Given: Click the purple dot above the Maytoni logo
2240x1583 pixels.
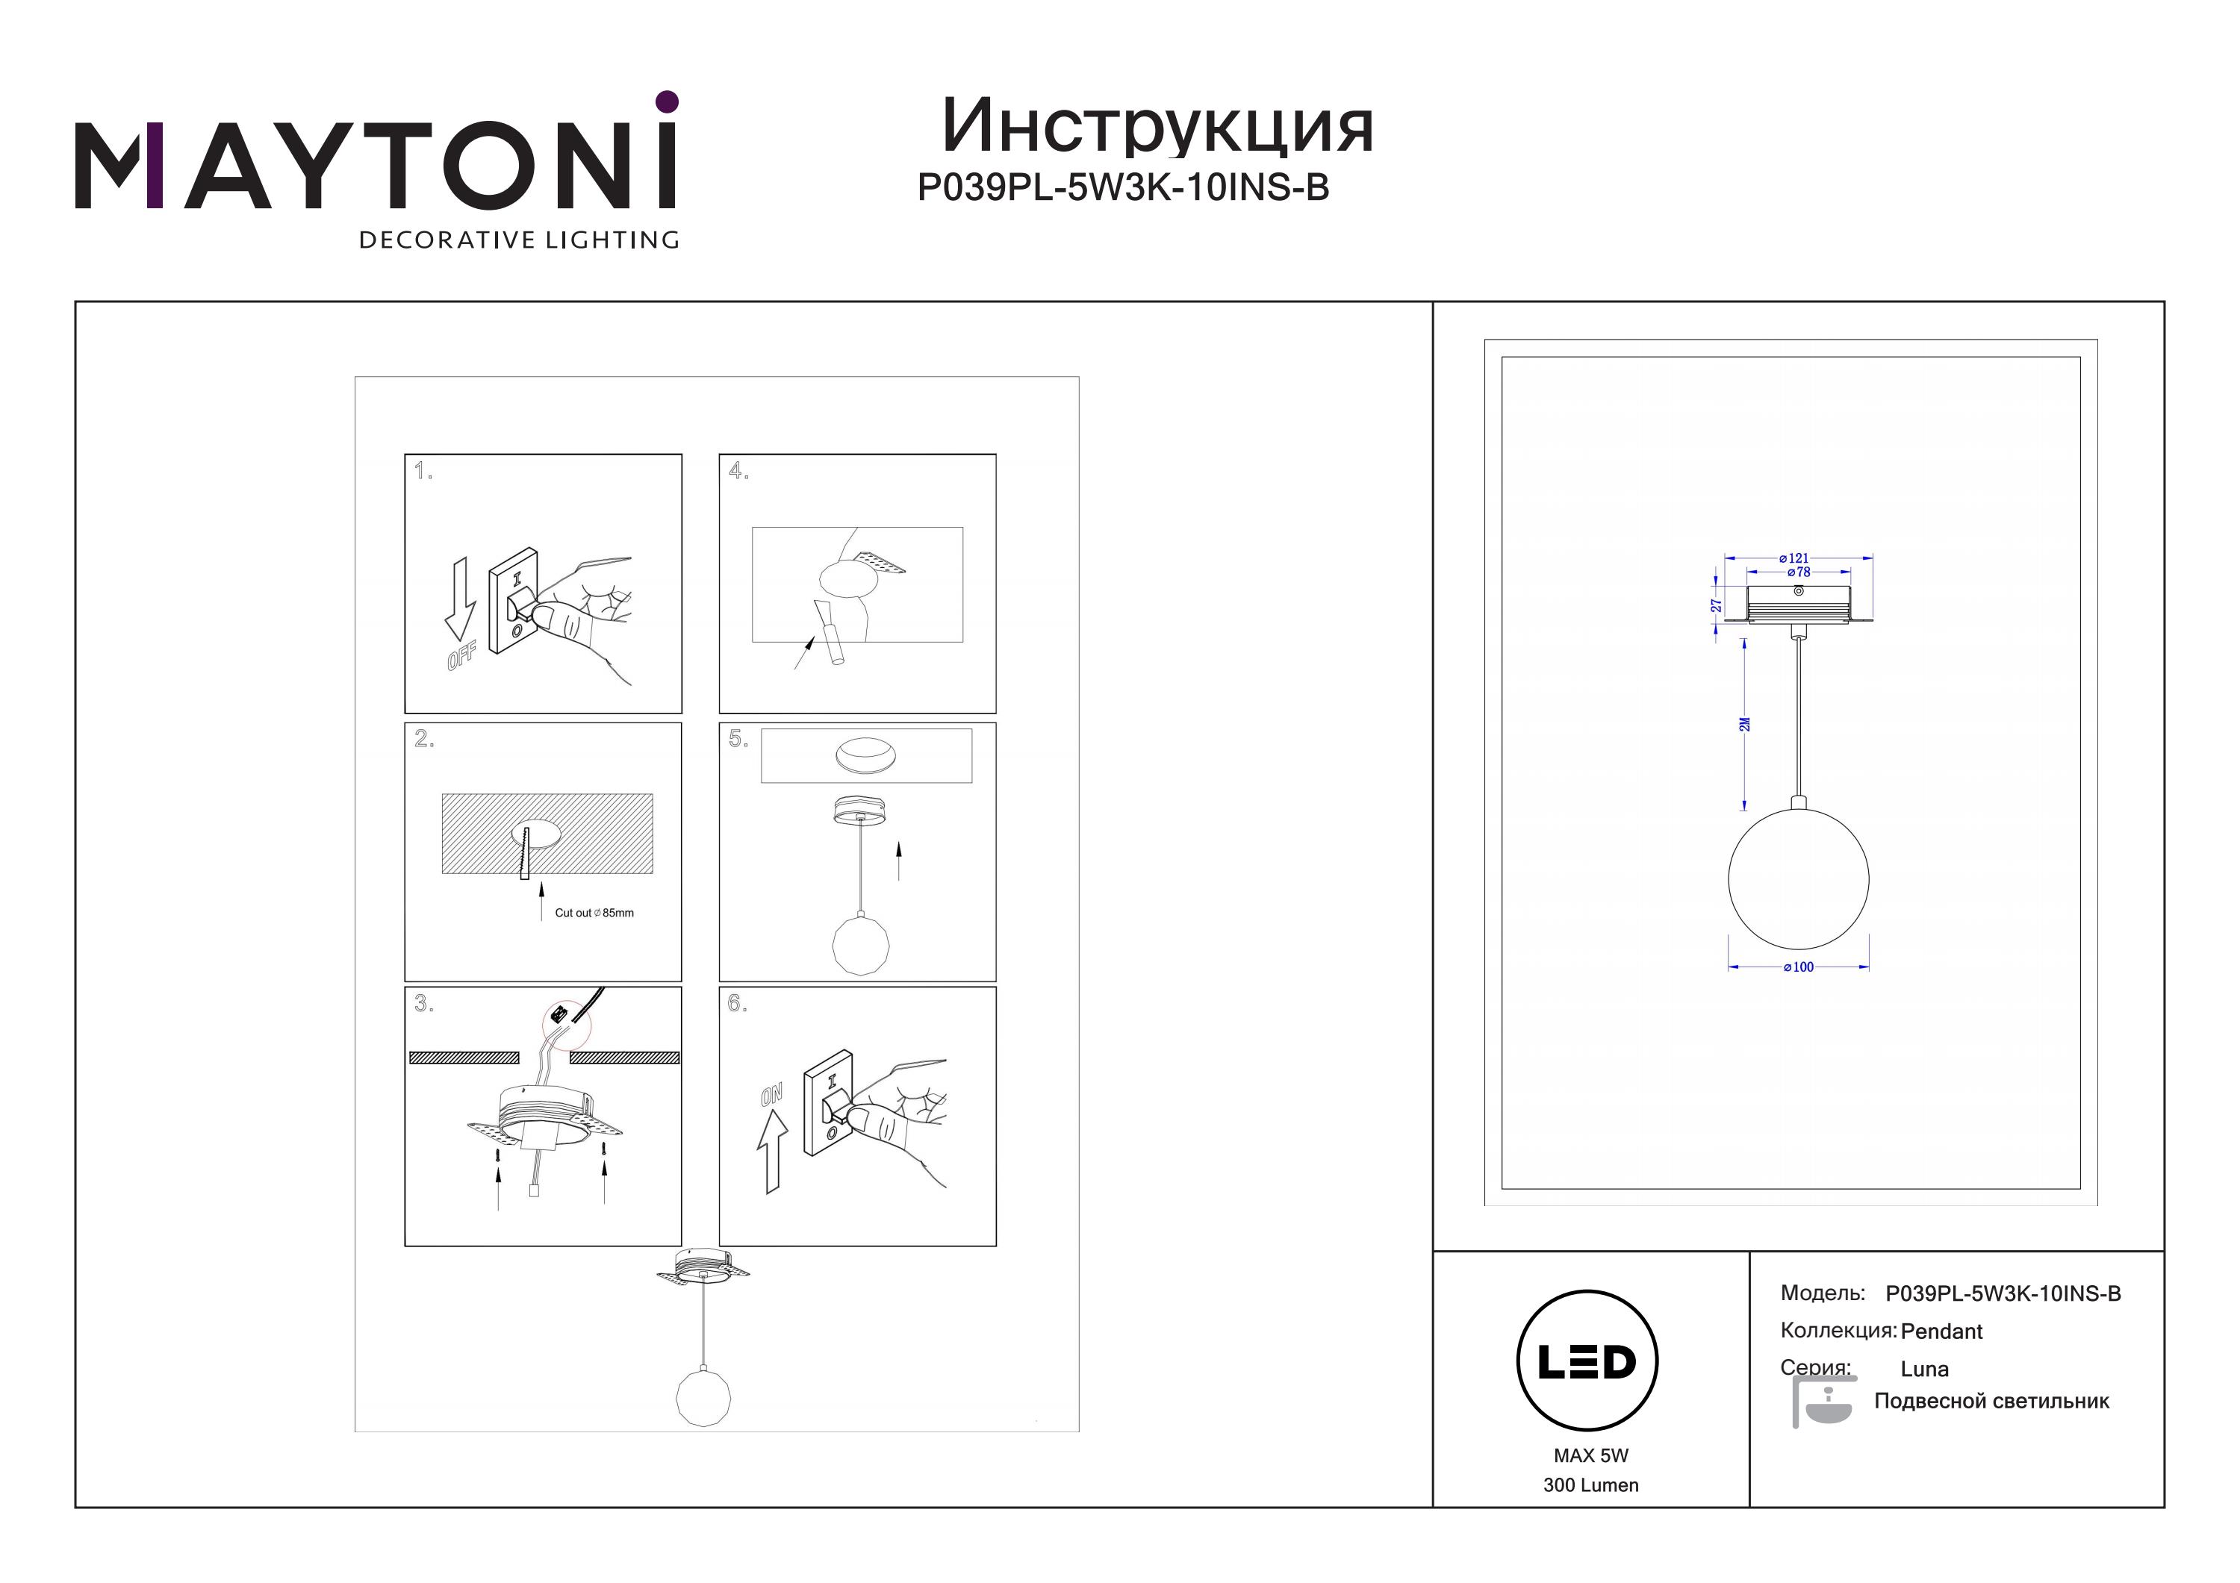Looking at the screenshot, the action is tap(668, 102).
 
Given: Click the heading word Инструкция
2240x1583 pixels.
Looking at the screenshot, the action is tap(1157, 127).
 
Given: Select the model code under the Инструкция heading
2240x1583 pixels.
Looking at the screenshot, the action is tap(1123, 187).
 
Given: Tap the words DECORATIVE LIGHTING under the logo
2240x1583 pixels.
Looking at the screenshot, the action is tap(519, 240).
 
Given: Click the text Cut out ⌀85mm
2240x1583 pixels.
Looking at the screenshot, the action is tap(594, 913).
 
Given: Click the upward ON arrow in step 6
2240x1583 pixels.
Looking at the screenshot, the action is tap(772, 1153).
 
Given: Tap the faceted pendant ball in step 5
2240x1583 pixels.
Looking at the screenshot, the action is tap(860, 944).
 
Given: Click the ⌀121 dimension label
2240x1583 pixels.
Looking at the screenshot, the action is tap(1794, 559).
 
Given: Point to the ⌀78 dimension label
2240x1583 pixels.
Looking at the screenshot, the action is tap(1798, 572).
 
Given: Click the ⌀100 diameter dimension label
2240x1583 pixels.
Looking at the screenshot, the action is tap(1798, 967).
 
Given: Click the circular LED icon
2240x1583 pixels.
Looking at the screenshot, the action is tap(1587, 1361).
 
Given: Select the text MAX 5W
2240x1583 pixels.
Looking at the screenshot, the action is tap(1591, 1455).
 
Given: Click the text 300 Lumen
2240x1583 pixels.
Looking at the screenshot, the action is tap(1591, 1484).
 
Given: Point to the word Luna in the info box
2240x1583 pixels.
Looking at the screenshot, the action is tap(1925, 1368).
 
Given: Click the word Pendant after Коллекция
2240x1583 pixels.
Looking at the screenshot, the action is tap(1941, 1331).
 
